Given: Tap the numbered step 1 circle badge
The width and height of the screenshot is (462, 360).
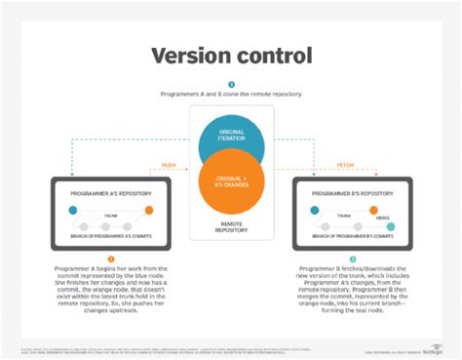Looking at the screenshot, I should coord(231,84).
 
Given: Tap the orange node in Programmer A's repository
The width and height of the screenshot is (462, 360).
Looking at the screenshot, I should coord(148,210).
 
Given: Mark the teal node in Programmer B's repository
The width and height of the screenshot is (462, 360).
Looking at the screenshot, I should coord(391,226).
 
